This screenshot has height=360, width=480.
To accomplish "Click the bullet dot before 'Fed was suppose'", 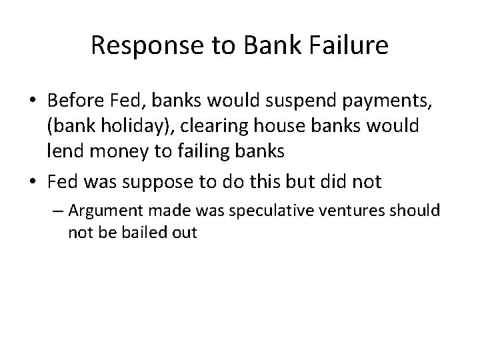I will coord(34,181).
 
